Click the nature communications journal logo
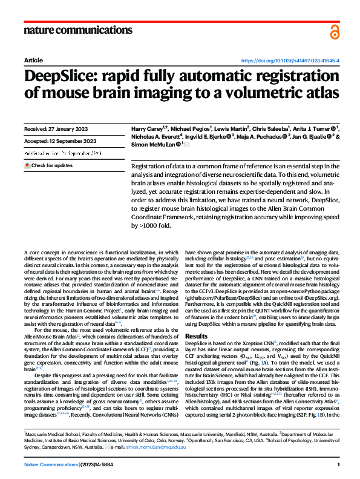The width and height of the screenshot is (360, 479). click(x=77, y=30)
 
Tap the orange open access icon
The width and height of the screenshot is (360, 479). click(x=335, y=31)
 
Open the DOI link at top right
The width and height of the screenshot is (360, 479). click(x=290, y=61)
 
